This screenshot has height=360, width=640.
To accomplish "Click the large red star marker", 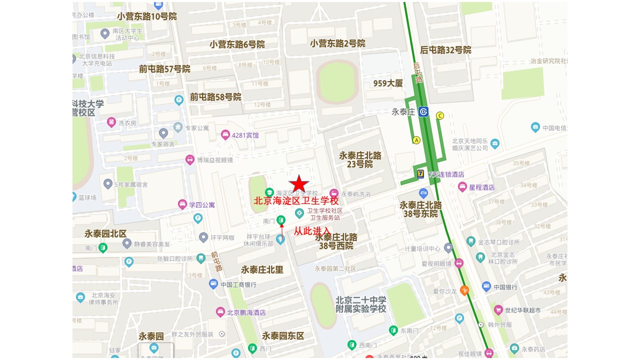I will [299, 183].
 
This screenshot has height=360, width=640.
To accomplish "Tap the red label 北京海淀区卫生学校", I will [296, 201].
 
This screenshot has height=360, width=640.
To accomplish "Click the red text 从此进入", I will [311, 231].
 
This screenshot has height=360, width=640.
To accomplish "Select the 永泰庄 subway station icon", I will [423, 111].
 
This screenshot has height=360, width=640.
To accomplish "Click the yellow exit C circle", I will [440, 116].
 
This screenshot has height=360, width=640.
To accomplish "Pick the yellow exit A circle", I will [416, 140].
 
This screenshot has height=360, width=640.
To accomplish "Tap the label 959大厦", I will [388, 83].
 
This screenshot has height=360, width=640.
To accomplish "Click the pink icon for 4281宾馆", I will [225, 135].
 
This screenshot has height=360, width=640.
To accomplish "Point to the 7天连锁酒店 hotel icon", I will [421, 174].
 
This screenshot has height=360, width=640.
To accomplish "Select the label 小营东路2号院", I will [337, 43].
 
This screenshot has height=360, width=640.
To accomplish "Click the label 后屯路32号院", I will [445, 50].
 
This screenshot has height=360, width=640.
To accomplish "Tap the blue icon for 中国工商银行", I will [213, 284].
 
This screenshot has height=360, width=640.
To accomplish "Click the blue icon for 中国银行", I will [486, 286].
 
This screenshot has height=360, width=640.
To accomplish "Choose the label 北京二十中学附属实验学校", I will [360, 304].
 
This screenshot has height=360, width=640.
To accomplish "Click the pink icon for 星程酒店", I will [462, 187].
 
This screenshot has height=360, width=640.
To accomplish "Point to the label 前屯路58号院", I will [215, 97].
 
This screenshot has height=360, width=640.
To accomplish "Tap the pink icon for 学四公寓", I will [182, 204].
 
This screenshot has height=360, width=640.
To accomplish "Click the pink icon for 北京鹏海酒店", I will [220, 312].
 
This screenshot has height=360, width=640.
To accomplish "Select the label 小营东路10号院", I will [147, 16].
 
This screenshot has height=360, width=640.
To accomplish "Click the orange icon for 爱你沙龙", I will [464, 290].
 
